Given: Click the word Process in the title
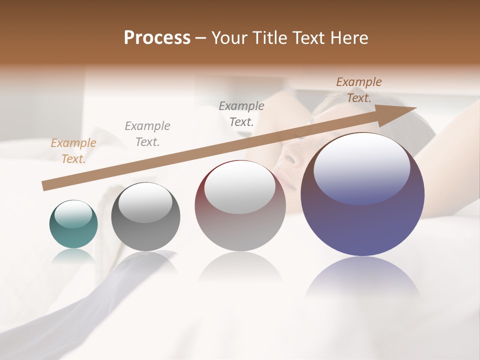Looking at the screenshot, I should pyautogui.click(x=157, y=37).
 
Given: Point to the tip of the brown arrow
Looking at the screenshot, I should pyautogui.click(x=415, y=107).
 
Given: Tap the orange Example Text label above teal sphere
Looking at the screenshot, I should pyautogui.click(x=73, y=151).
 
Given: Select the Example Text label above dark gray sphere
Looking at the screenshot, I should pyautogui.click(x=147, y=134).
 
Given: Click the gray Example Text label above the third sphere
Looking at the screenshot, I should pyautogui.click(x=241, y=113).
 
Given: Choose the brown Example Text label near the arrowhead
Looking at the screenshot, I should pyautogui.click(x=359, y=90).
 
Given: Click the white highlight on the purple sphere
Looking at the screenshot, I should pyautogui.click(x=362, y=167).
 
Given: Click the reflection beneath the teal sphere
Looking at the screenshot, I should pyautogui.click(x=73, y=256).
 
